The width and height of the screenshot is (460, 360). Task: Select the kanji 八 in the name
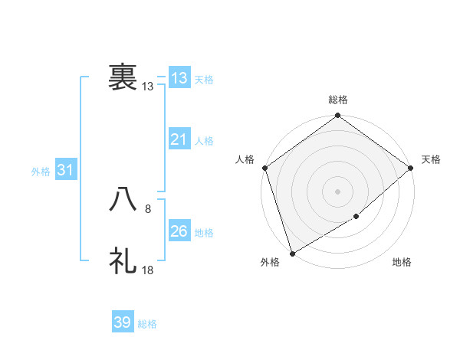point(123,200)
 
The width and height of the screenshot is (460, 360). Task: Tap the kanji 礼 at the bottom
point(123,261)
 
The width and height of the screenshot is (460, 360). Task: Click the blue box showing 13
point(179,77)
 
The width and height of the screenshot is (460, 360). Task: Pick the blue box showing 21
point(179,139)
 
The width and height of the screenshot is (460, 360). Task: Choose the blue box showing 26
point(179,231)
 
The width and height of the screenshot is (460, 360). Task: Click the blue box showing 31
point(65,170)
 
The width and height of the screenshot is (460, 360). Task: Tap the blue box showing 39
point(123,322)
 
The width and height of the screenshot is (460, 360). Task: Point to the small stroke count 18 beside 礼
point(148,270)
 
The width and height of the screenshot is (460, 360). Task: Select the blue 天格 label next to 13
point(204,79)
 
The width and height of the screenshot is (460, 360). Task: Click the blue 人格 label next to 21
point(204,141)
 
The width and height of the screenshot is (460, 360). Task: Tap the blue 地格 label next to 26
point(204,233)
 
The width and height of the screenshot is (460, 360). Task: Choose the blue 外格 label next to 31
point(41,172)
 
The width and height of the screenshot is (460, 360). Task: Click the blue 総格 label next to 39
point(147,324)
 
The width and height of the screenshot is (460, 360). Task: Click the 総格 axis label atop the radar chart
point(338,100)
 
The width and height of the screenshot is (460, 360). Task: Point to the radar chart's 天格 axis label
point(431,159)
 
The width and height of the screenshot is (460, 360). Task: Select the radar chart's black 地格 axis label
point(402,263)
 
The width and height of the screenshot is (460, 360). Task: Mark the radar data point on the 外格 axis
point(292,254)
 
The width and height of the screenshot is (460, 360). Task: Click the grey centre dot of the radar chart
point(337,191)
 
